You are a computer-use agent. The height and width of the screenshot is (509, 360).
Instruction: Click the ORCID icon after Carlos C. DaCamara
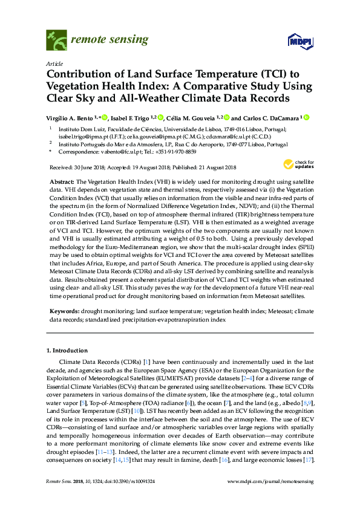point(306,118)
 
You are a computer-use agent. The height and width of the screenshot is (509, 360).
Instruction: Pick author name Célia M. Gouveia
point(191,118)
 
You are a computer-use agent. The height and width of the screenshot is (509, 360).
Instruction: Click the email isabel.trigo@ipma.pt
point(82,137)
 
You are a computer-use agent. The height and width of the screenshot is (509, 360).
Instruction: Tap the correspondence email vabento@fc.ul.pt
point(119,153)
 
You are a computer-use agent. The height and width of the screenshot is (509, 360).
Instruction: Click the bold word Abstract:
point(62,182)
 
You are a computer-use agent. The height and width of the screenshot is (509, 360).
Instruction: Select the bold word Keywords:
point(64,311)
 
